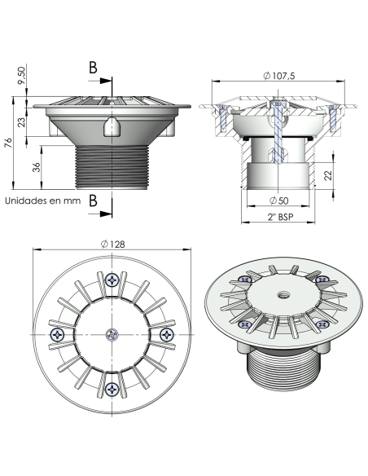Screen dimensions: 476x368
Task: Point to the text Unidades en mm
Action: tap(42, 201)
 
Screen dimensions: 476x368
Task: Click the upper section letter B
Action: tap(94, 68)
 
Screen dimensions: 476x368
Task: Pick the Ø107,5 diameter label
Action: tap(281, 76)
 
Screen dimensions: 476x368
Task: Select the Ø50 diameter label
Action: tap(279, 200)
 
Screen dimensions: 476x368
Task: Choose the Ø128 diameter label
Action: tap(112, 245)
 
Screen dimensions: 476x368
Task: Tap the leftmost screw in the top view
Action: tap(57, 334)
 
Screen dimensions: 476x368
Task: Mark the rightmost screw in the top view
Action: tap(166, 334)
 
